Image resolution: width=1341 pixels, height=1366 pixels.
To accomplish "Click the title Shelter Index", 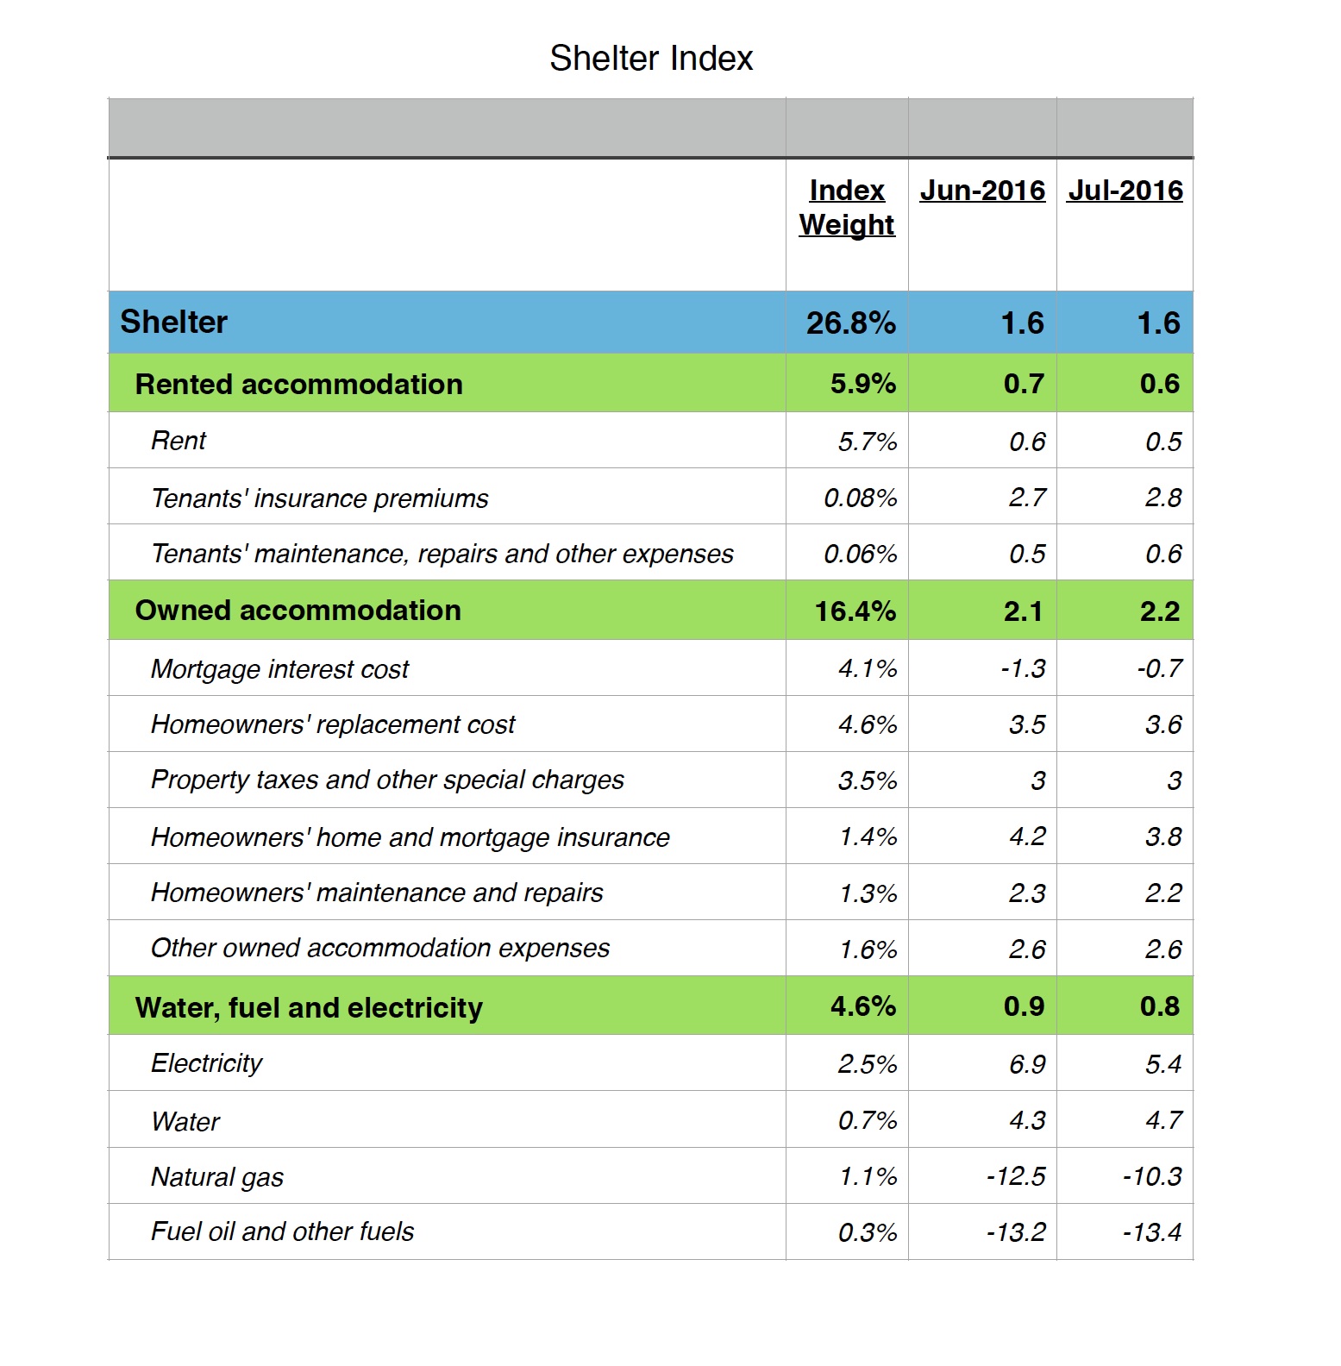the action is coord(651,59).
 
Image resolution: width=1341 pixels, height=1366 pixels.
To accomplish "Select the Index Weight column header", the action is coord(847,207).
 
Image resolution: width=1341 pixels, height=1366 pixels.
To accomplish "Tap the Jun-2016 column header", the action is coord(982,191).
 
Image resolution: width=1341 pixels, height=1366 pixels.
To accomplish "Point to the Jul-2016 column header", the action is coord(1125,191).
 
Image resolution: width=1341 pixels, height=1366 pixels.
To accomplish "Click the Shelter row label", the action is coord(173,322).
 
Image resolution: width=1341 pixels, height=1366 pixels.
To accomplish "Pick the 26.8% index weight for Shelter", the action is coord(851,323).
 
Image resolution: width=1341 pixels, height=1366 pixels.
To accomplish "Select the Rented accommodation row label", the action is coord(298,384).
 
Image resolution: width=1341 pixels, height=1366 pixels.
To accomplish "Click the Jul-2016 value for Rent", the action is coord(1163,442).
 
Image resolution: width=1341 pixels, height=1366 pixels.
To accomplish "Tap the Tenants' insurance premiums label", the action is coord(319,498).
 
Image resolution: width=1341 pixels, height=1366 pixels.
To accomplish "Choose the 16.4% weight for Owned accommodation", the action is coord(855,611).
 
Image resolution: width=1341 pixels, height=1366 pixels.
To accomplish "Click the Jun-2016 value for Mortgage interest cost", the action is coord(1024,668).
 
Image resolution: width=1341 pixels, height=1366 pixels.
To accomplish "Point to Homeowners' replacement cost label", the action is coord(332,724).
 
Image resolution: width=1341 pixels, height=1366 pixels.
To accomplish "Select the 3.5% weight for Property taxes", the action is coord(868,780).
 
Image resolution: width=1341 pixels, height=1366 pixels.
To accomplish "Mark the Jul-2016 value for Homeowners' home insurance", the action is coord(1163,837).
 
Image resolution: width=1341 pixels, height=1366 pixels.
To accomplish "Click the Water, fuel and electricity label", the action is coord(309,1007).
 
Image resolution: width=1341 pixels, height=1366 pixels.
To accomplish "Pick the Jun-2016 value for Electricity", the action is coord(1028,1064).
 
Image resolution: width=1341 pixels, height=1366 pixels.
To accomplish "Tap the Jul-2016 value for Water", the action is coord(1163,1120).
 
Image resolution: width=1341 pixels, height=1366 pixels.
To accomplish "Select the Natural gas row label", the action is coord(216,1177).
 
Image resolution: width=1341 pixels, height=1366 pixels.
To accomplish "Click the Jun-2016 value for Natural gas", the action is coord(1016,1176).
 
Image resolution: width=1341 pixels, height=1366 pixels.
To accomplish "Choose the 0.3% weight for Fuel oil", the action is coord(868,1232).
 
